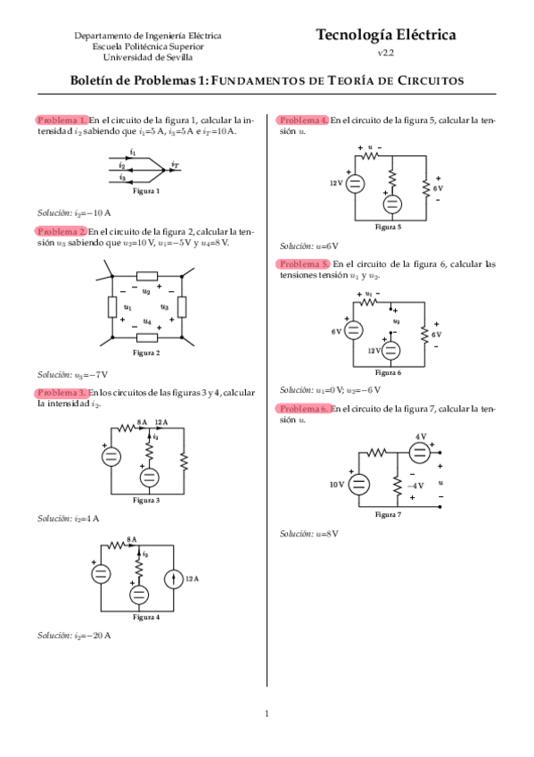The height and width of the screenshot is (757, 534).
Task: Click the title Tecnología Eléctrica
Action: coord(385,35)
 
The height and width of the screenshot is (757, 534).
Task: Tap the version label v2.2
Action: coord(385,53)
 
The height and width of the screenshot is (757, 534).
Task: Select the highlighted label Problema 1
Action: coord(62,121)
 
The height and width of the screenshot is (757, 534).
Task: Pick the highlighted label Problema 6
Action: coord(304,409)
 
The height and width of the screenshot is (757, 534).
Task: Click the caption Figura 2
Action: coord(146,353)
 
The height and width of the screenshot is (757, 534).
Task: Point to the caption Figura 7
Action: coord(388,515)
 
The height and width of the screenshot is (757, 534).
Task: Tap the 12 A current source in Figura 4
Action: coord(174,578)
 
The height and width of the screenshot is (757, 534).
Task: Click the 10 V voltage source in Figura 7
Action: coord(359,484)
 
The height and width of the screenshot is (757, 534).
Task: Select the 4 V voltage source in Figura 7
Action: coord(419,453)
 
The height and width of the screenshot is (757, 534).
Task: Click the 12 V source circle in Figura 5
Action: coord(355,184)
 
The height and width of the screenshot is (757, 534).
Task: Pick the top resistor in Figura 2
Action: coord(147,276)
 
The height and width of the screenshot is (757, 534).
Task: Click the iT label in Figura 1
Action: coord(175,165)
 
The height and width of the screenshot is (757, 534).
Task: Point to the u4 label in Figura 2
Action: coord(147,321)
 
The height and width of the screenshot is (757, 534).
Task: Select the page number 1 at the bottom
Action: coord(267,713)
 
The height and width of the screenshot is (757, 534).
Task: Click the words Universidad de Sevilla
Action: coord(147,57)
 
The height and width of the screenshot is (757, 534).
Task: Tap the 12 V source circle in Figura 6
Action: coord(390,351)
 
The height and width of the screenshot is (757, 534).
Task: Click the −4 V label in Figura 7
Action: coord(415,486)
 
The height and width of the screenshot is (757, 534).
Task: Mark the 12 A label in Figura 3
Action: coord(161,422)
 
